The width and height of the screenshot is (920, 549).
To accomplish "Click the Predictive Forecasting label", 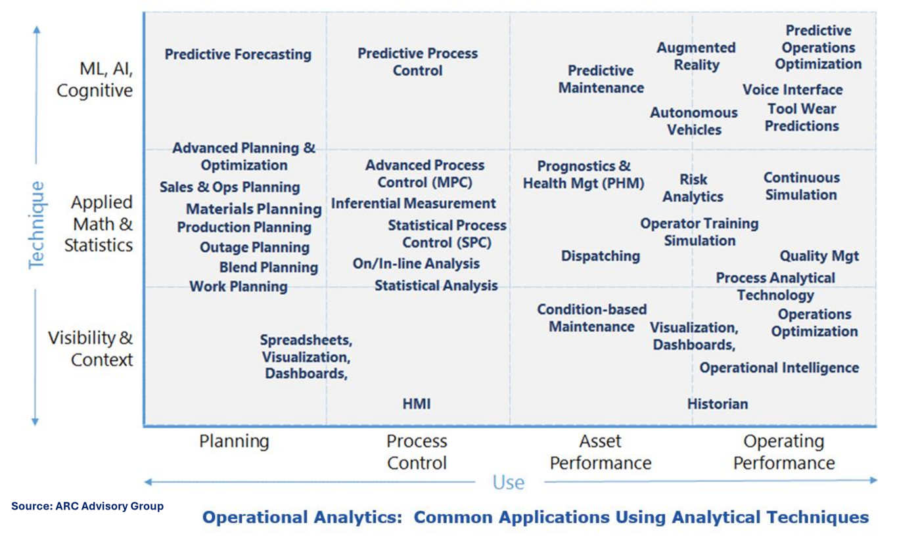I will [x=238, y=55].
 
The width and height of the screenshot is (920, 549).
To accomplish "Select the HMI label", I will [x=417, y=404].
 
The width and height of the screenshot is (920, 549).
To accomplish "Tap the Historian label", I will [x=718, y=404].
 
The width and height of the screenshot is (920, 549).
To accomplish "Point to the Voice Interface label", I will [x=793, y=90].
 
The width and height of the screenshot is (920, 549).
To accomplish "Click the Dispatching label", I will [x=600, y=256].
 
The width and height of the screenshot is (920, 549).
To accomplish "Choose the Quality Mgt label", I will [x=819, y=256].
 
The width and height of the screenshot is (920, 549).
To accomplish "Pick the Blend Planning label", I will [x=269, y=268].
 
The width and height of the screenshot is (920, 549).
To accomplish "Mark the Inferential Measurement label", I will [x=413, y=204].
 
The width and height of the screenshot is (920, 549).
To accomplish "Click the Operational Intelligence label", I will [x=779, y=368].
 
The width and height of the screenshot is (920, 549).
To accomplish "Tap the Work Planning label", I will [x=239, y=287].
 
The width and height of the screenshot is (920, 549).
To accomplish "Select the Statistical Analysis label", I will [x=436, y=286].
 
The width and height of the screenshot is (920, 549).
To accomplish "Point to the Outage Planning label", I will [x=254, y=248].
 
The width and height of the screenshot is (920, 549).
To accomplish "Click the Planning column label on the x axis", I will [x=234, y=441].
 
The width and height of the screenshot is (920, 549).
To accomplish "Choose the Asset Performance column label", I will [x=600, y=452].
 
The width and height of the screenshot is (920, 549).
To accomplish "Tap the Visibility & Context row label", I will [x=91, y=349].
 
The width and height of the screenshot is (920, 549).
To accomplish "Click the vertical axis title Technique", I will [x=37, y=225].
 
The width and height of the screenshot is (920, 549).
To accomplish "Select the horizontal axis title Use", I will [x=509, y=483].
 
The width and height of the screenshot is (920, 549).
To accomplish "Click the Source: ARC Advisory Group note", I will [x=87, y=506].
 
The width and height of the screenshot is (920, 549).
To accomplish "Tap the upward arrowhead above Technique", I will [x=37, y=29].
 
